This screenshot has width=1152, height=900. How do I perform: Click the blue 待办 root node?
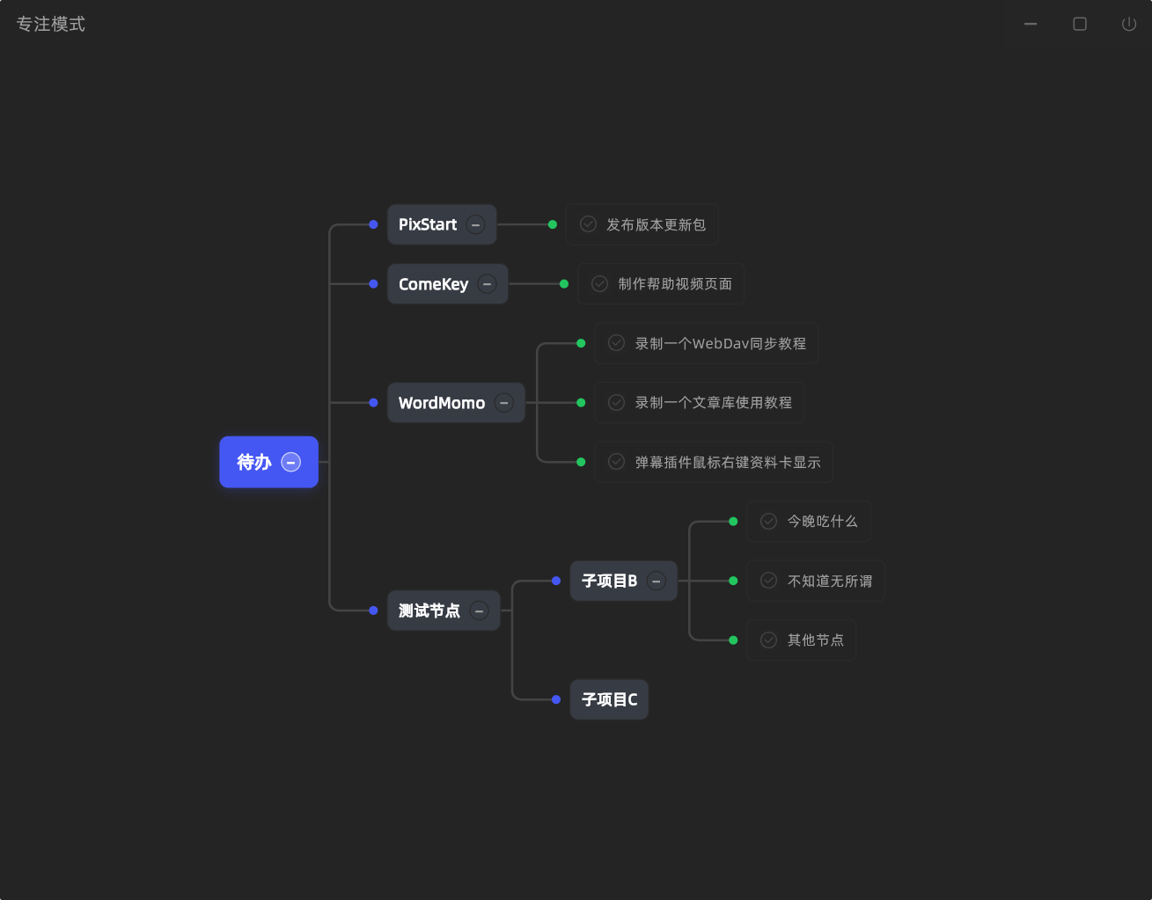[268, 462]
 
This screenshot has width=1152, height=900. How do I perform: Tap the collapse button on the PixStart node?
[475, 224]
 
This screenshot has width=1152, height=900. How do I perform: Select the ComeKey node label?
[433, 284]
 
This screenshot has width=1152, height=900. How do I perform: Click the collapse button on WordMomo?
[503, 403]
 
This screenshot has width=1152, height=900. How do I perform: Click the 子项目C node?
[609, 699]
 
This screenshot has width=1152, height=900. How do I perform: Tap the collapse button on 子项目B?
[656, 581]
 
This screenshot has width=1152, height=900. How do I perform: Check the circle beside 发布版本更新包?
[588, 224]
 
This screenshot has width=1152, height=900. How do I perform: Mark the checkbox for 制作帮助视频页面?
[599, 284]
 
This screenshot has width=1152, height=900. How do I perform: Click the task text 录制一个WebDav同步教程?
[721, 343]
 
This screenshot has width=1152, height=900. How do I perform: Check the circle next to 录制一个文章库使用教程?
[616, 403]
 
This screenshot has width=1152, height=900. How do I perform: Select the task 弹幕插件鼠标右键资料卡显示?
[728, 462]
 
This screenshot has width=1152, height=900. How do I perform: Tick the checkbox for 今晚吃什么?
[768, 521]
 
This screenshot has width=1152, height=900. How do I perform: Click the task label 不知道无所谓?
[830, 581]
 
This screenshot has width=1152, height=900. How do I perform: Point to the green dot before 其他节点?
[733, 640]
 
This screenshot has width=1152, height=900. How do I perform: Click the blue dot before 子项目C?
[556, 699]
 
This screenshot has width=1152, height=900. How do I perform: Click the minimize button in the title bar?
[1030, 24]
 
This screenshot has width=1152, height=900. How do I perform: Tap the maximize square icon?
[1080, 24]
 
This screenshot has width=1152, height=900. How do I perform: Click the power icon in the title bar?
[1128, 24]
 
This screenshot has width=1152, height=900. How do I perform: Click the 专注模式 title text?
[51, 24]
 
